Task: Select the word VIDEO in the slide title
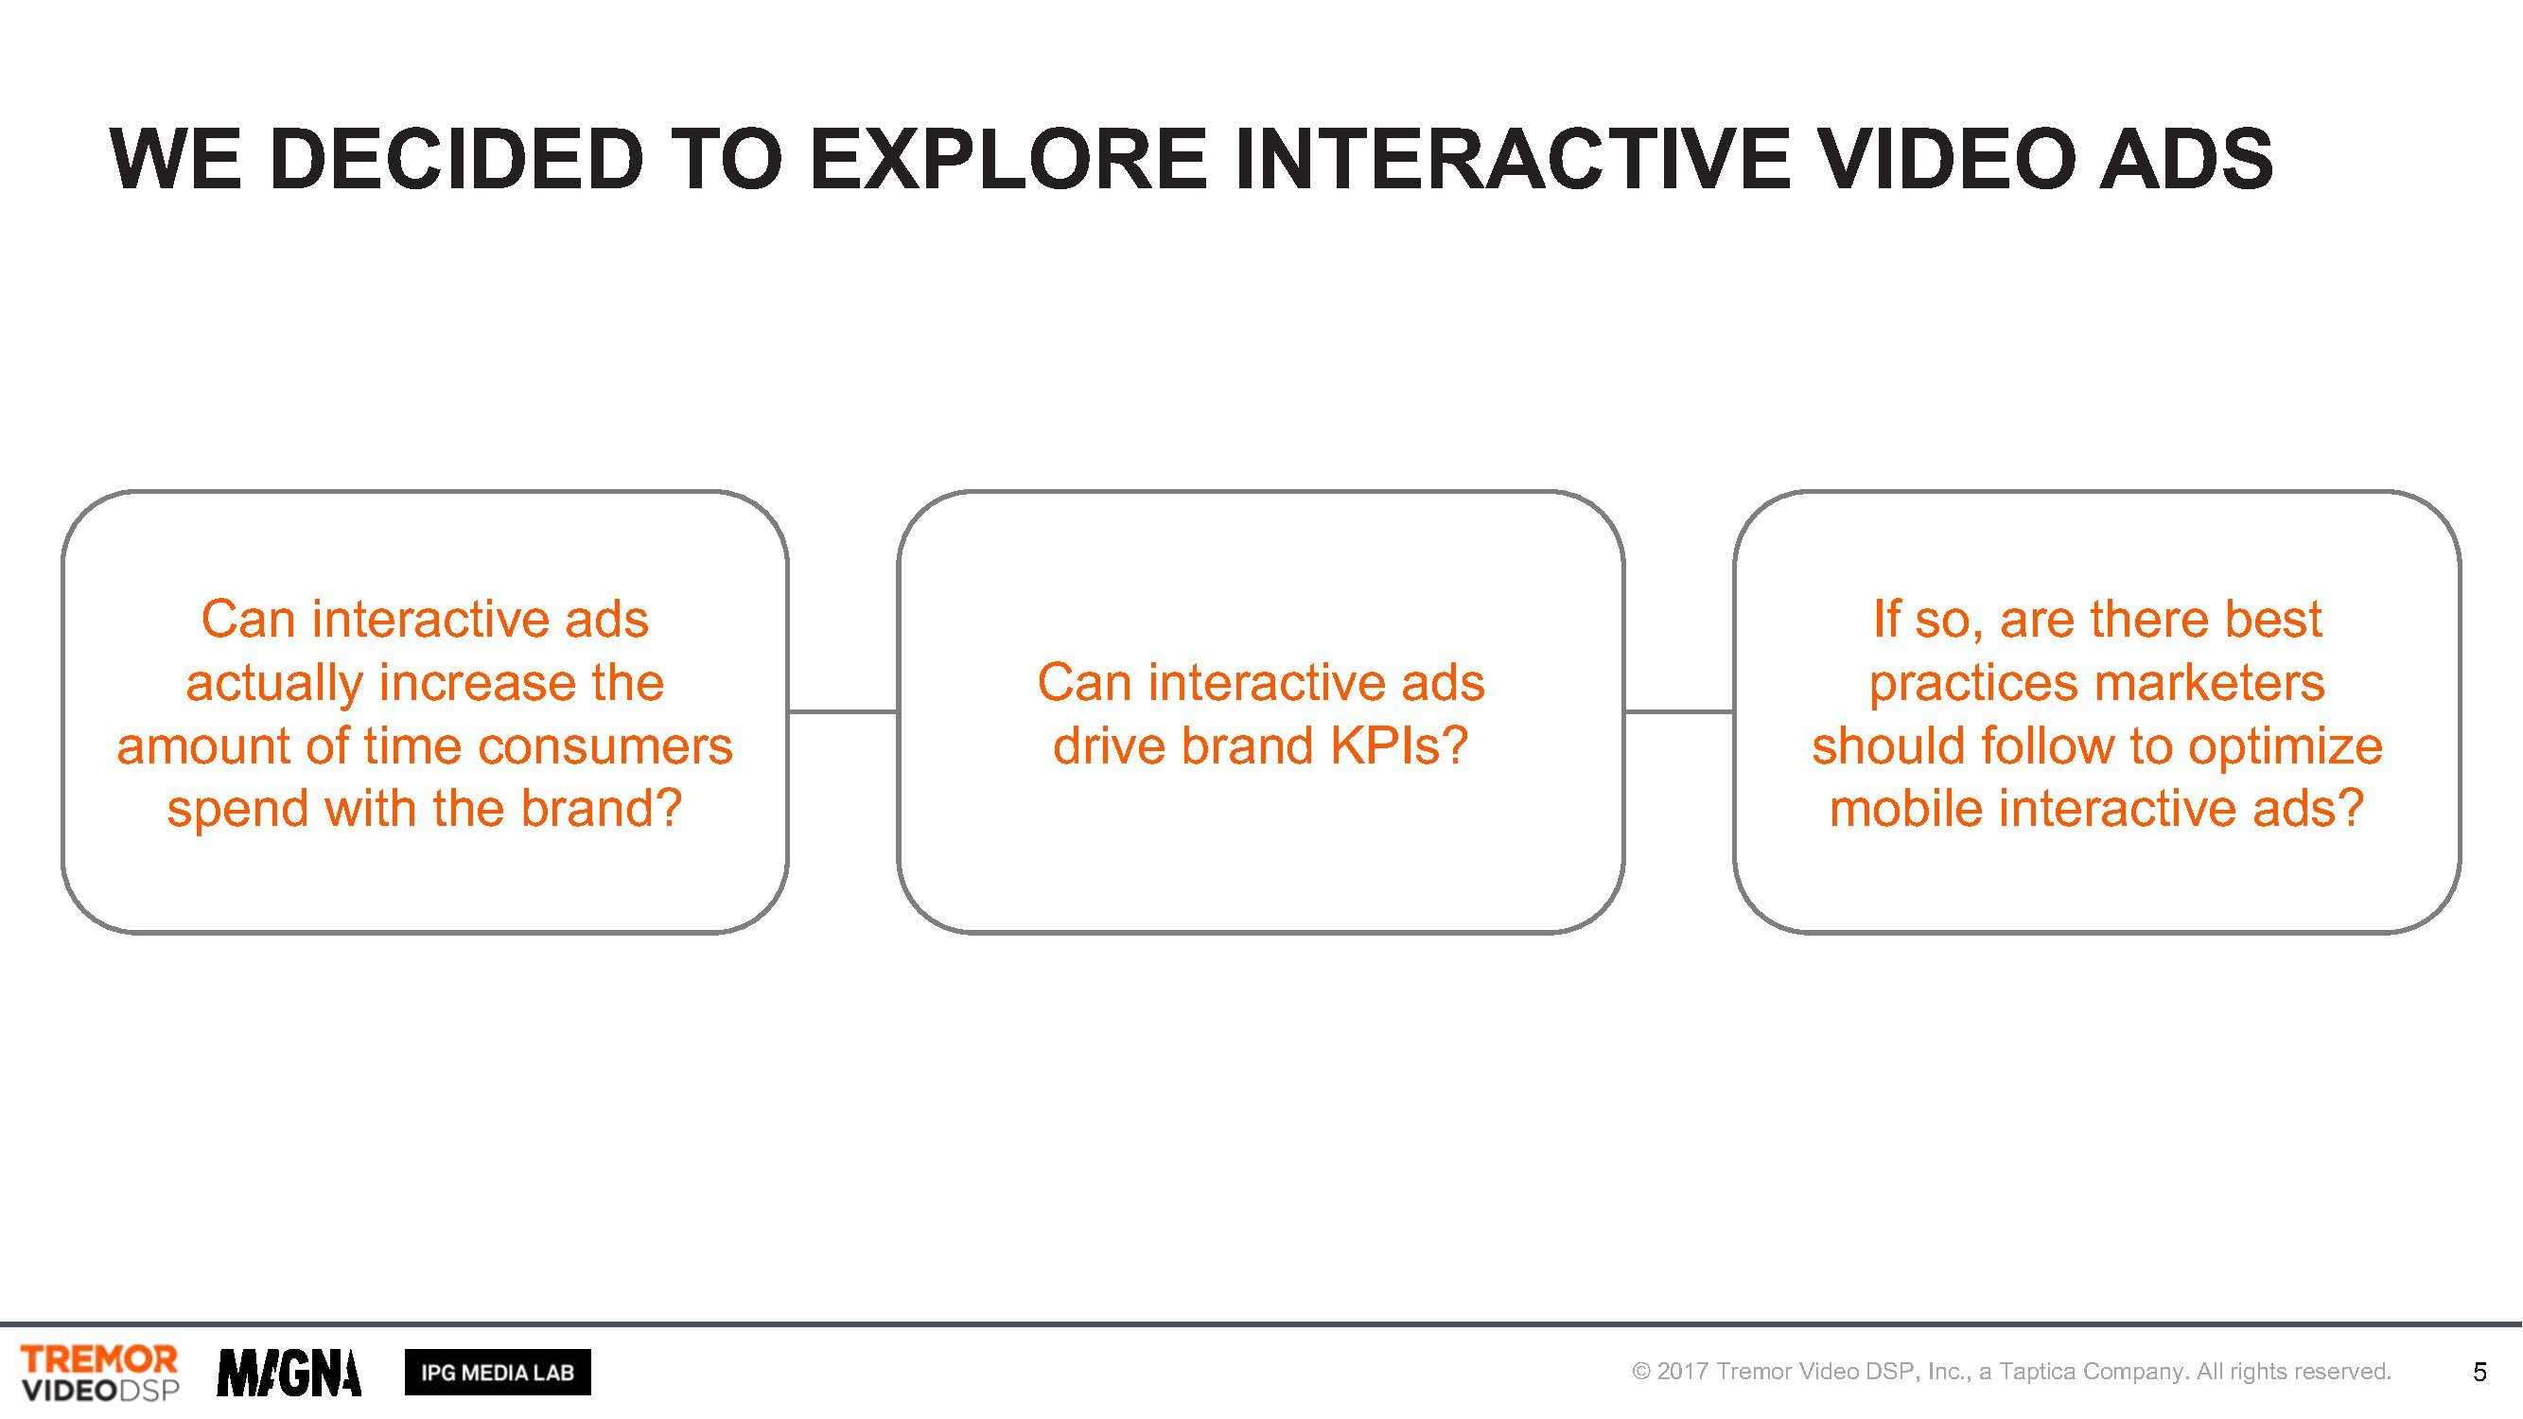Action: tap(1943, 159)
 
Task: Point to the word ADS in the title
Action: tap(2185, 159)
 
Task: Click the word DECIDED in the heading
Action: tap(456, 159)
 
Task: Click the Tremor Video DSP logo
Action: tap(100, 1373)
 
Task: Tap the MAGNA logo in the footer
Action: tap(289, 1373)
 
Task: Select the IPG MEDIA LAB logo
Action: tap(498, 1372)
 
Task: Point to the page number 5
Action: tap(2479, 1372)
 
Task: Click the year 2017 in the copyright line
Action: tap(1683, 1371)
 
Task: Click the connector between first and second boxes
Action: tap(843, 712)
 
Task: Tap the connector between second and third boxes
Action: tap(1680, 712)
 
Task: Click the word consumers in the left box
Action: tap(605, 746)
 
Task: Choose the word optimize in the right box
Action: tap(2286, 747)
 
